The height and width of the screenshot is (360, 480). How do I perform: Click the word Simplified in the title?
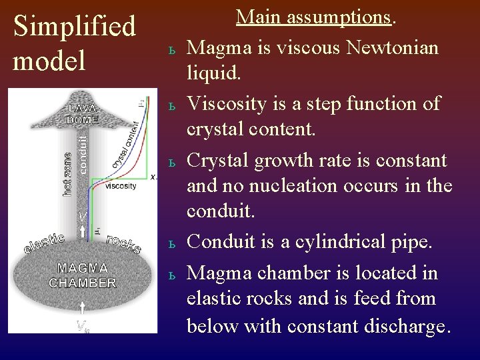pos(75,27)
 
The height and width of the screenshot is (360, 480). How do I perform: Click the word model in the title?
pos(49,61)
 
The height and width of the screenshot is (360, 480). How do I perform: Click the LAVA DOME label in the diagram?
pos(83,113)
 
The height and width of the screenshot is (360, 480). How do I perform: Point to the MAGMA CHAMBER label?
pos(83,275)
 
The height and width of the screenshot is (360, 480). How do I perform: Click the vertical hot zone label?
pos(67,172)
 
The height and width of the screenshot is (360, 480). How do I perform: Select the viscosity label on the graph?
pos(121,185)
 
